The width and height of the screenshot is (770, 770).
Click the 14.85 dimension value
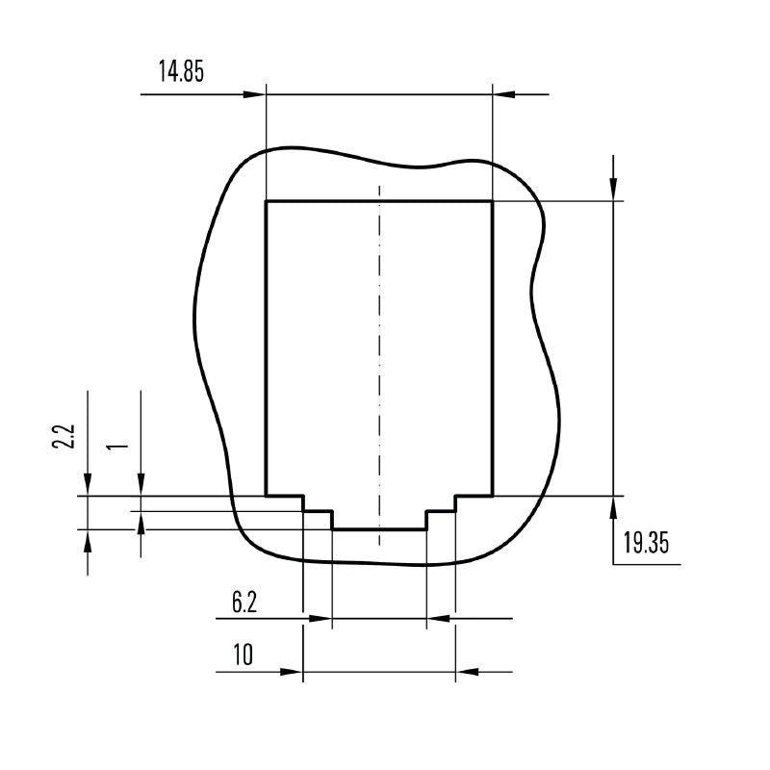[x=181, y=72]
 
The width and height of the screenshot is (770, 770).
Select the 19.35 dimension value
[x=645, y=543]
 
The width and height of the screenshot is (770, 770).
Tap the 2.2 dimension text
[x=64, y=438]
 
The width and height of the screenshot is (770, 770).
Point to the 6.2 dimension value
[x=244, y=603]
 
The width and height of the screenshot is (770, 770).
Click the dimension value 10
[x=243, y=655]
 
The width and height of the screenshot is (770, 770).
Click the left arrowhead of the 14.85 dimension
[x=254, y=94]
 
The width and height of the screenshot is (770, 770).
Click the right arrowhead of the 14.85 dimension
[x=503, y=94]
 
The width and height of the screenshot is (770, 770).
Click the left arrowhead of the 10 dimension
[x=292, y=671]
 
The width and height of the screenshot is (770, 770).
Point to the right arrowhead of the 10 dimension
[x=467, y=671]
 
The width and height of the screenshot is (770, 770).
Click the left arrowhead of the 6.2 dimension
[x=321, y=618]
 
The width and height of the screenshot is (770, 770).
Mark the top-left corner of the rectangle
[x=266, y=201]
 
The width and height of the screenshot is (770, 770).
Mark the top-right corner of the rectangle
[x=493, y=201]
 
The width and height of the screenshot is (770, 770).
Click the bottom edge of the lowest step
[x=379, y=528]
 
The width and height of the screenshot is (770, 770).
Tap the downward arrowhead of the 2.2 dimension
[x=88, y=484]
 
